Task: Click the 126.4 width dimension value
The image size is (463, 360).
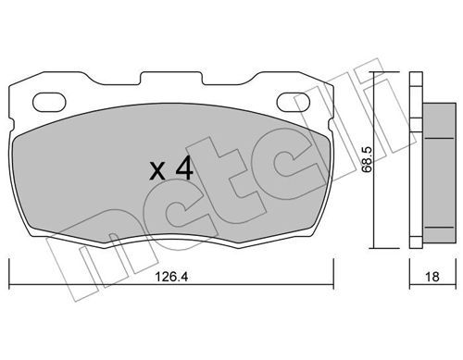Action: [x=171, y=277]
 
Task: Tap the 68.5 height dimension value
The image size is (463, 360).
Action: [x=367, y=159]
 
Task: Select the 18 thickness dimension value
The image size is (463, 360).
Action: [x=432, y=277]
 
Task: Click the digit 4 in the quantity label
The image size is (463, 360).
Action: [x=184, y=168]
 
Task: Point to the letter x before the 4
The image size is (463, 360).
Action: [x=157, y=171]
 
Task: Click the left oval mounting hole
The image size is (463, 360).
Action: [x=49, y=102]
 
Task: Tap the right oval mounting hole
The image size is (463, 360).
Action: [x=293, y=102]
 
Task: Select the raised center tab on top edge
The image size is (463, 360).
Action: [x=171, y=78]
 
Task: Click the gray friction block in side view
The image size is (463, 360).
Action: [x=439, y=173]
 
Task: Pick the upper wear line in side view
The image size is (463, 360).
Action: [x=439, y=138]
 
